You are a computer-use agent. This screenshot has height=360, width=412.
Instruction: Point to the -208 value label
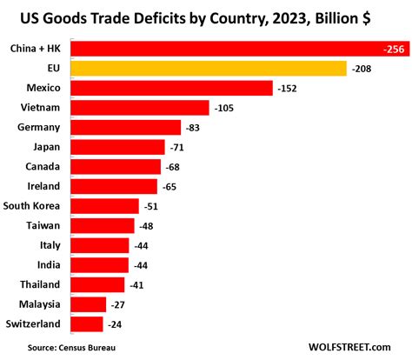[x=362, y=68]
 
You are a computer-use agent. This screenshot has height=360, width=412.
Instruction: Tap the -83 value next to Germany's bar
[x=195, y=128]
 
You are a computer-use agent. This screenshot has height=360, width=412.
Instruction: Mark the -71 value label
[x=179, y=148]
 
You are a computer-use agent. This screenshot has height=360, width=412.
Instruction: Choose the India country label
[x=47, y=265]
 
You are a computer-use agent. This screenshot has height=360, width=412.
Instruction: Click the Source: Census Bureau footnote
[x=74, y=347]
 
